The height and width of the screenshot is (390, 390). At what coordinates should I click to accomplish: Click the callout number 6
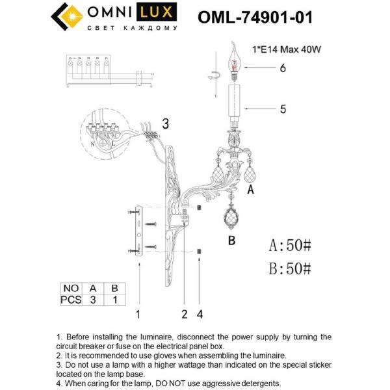point(283,68)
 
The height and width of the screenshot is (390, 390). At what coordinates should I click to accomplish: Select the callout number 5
point(283,109)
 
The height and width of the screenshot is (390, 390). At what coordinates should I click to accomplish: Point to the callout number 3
point(165,123)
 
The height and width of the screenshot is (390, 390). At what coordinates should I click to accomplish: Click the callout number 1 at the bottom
point(138,315)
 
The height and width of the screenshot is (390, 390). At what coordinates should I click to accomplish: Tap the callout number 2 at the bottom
point(185,315)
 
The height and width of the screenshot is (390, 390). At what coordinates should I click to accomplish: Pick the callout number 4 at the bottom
point(200,315)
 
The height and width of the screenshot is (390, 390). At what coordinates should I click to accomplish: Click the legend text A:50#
point(291,245)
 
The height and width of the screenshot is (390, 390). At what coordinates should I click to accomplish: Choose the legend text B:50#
point(291,268)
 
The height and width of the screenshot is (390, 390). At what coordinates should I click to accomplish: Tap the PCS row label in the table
point(70,300)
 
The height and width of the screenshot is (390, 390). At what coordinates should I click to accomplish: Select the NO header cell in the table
point(70,288)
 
